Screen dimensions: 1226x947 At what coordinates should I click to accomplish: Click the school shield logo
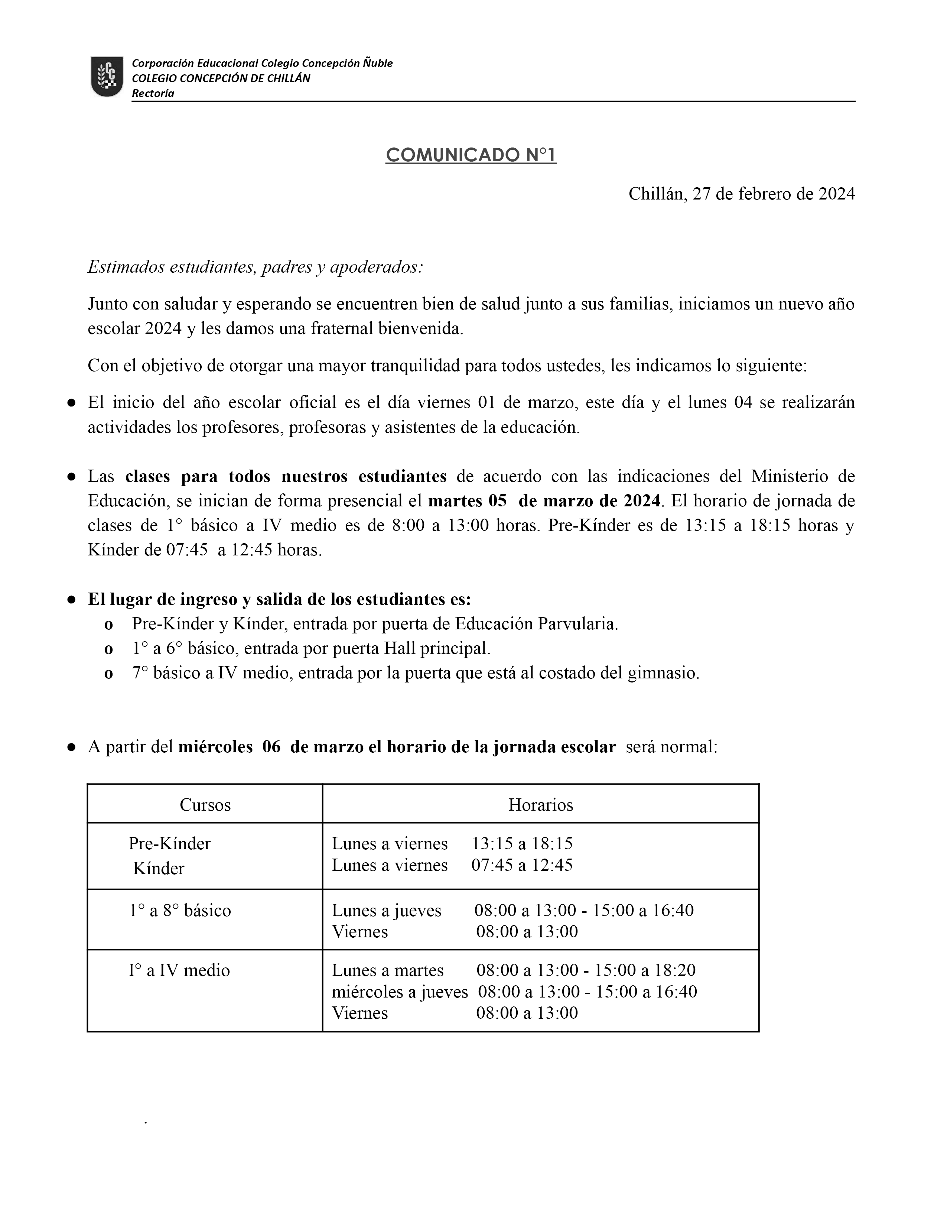107,76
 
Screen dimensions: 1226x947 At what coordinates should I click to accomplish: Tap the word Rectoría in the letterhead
153,93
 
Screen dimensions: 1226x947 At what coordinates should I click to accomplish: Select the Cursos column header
205,805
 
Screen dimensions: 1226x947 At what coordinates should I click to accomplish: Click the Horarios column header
540,805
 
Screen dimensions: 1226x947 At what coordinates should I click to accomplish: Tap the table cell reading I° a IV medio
179,970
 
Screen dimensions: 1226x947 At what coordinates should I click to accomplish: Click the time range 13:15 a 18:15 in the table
522,843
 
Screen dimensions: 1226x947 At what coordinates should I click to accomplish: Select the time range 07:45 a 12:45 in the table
522,865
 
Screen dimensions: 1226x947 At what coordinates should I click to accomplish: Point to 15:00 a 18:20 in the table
645,970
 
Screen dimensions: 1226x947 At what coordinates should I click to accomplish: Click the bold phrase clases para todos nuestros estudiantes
286,476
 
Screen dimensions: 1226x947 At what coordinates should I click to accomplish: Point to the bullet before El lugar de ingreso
71,600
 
